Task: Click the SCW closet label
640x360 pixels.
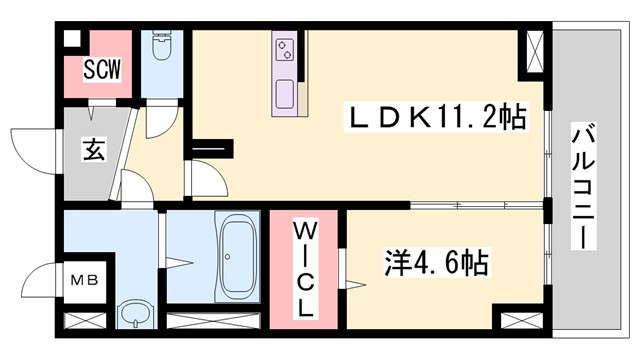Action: (x=102, y=71)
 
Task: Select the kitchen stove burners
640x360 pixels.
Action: (x=285, y=47)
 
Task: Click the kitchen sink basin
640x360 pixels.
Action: (x=284, y=95)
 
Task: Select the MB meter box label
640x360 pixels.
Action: (x=81, y=279)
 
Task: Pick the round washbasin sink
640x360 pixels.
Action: (x=132, y=317)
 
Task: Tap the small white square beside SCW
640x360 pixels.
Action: (x=70, y=39)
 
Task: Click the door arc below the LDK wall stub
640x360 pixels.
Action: (x=203, y=179)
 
